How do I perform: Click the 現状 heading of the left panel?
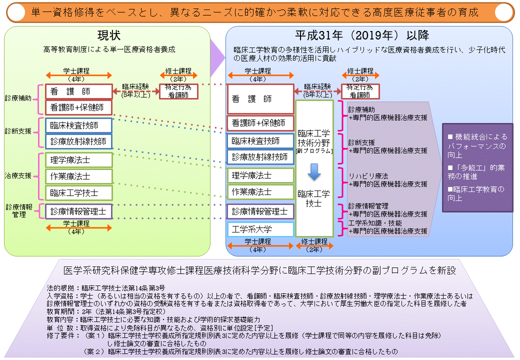[109, 35]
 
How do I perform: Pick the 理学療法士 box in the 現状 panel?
[78, 160]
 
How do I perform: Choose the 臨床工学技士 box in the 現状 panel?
[78, 192]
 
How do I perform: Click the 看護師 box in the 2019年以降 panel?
[259, 99]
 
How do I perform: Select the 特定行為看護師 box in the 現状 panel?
[178, 91]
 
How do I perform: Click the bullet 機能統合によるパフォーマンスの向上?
[477, 141]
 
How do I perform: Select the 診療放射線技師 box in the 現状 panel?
[78, 141]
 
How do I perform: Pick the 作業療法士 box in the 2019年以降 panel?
[259, 192]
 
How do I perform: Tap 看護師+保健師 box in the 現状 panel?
[78, 107]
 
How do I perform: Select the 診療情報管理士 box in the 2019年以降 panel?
[259, 211]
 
